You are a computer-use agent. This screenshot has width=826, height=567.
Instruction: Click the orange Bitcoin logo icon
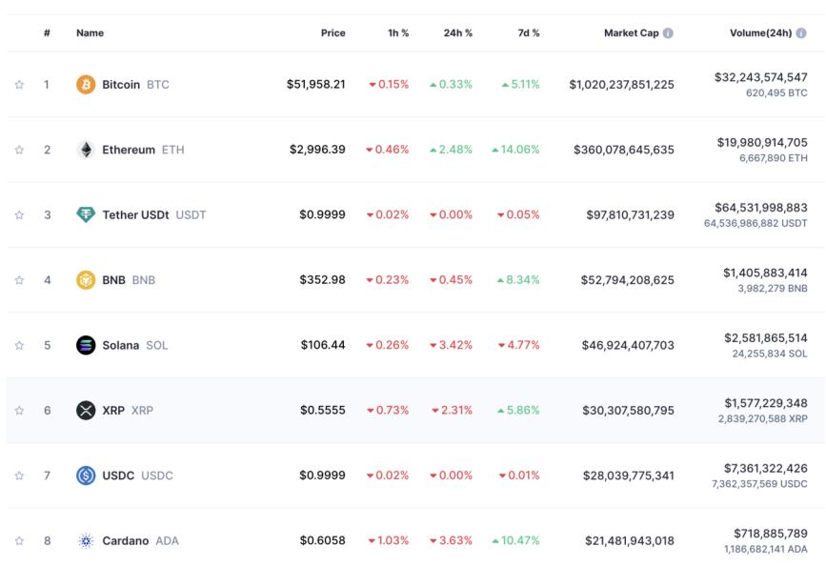pyautogui.click(x=86, y=85)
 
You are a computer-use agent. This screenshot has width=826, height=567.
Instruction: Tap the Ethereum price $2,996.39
pyautogui.click(x=317, y=150)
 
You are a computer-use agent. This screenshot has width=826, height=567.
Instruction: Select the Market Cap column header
pyautogui.click(x=631, y=33)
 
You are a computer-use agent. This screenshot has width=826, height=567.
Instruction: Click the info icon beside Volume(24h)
pyautogui.click(x=802, y=33)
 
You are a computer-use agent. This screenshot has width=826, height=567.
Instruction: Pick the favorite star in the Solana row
pyautogui.click(x=19, y=345)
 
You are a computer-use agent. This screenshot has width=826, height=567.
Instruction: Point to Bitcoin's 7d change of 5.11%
pyautogui.click(x=520, y=85)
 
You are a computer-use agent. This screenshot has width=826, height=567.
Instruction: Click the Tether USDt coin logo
pyautogui.click(x=86, y=214)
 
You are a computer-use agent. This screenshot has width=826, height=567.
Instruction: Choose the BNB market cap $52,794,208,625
pyautogui.click(x=627, y=280)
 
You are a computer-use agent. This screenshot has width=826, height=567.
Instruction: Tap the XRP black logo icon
pyautogui.click(x=86, y=411)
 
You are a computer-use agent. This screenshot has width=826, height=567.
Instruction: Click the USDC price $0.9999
pyautogui.click(x=322, y=476)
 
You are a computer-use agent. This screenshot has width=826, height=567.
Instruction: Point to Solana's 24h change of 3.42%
pyautogui.click(x=451, y=345)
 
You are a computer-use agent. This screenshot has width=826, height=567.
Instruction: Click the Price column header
pyautogui.click(x=332, y=33)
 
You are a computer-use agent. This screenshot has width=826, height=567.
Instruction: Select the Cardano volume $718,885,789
pyautogui.click(x=770, y=533)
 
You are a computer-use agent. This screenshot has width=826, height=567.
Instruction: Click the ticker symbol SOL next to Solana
pyautogui.click(x=156, y=345)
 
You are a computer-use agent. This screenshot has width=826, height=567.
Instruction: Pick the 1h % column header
pyautogui.click(x=398, y=33)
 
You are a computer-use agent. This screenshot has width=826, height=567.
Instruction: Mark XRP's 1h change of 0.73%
pyautogui.click(x=388, y=411)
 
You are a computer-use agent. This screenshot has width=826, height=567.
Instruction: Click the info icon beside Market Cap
pyautogui.click(x=668, y=33)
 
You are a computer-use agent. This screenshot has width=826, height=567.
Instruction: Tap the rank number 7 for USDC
pyautogui.click(x=47, y=476)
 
